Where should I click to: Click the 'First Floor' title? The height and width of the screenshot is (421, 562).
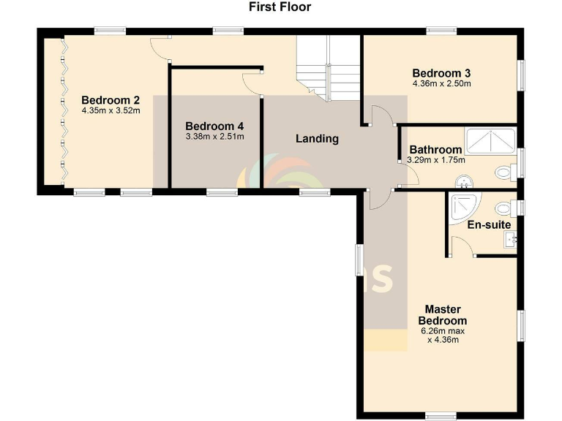pos(280,7)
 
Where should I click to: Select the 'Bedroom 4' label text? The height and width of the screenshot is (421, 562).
pos(214,126)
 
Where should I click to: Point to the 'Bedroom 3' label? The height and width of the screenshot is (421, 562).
pos(441,73)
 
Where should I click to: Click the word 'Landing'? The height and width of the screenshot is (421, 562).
pos(317,138)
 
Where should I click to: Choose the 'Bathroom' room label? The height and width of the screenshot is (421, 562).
pos(435,150)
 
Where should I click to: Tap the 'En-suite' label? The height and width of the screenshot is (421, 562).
pos(489,225)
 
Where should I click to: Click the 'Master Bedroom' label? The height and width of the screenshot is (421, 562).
pos(442,315)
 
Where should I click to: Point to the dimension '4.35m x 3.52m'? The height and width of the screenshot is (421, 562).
pos(110,111)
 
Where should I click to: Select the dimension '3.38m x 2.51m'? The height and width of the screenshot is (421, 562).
pos(214,136)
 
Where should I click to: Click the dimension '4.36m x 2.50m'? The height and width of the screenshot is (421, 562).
pos(441,83)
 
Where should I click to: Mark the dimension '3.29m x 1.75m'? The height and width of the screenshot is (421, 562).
pos(437,160)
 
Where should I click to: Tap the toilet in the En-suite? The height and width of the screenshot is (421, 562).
pos(503,207)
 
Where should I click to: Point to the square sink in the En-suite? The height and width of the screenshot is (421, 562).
pos(512,238)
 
